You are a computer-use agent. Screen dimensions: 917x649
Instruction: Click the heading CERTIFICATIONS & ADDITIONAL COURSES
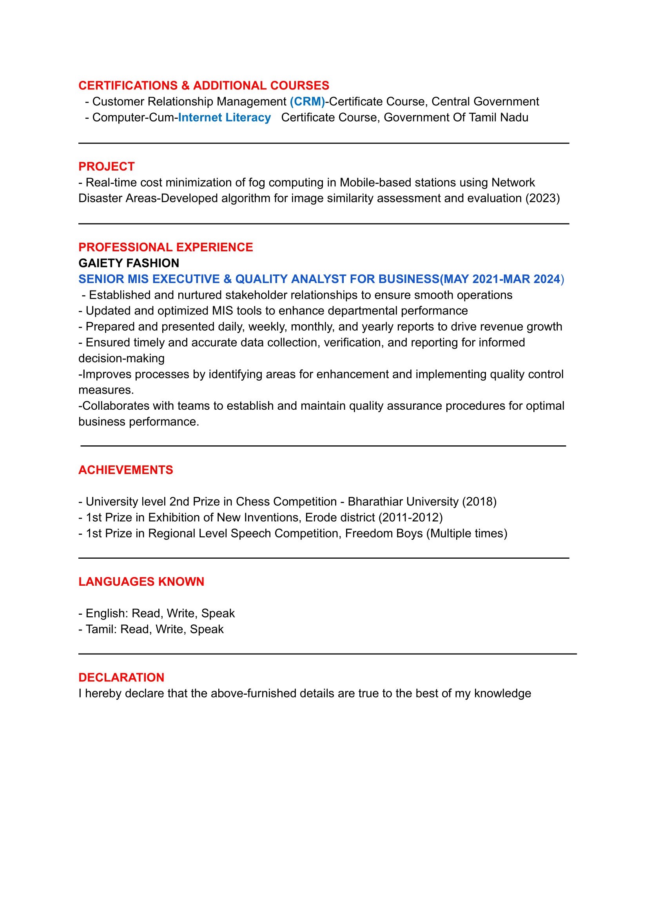(x=203, y=85)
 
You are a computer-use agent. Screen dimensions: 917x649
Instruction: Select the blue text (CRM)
(x=307, y=102)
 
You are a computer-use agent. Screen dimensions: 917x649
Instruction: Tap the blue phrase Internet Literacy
(x=224, y=118)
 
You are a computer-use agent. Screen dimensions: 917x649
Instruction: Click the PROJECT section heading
(x=106, y=166)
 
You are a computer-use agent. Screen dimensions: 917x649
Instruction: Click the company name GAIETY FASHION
(x=129, y=263)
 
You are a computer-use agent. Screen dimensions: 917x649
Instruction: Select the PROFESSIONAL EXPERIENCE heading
(x=165, y=247)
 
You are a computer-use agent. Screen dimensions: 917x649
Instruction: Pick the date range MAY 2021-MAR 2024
(x=502, y=279)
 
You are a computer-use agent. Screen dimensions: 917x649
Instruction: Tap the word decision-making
(x=121, y=358)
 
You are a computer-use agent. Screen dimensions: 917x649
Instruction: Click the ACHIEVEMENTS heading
(x=125, y=470)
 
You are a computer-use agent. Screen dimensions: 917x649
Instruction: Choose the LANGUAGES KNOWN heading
(x=141, y=582)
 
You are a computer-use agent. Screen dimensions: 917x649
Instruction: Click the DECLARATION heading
(x=121, y=677)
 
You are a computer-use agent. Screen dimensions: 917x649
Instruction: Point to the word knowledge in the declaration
(x=502, y=693)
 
